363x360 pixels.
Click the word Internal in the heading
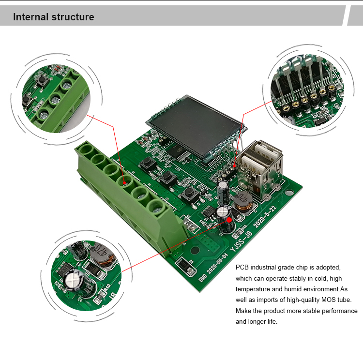(x=30, y=17)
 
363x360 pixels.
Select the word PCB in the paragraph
(x=242, y=267)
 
